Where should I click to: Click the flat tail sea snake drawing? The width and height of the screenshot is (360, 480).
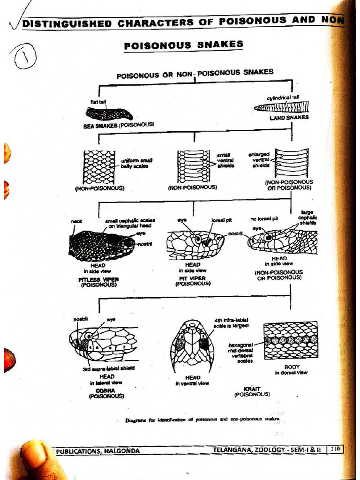click(109, 113)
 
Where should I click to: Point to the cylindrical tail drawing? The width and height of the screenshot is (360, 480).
click(281, 107)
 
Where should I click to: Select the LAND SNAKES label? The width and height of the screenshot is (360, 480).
click(289, 118)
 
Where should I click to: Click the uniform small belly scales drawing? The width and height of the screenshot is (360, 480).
click(99, 167)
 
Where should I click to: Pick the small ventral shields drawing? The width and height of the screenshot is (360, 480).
click(193, 166)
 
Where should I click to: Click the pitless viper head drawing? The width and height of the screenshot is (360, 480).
click(101, 245)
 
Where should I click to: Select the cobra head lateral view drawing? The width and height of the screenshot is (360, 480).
click(103, 343)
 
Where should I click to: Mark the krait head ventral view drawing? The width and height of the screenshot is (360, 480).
click(192, 345)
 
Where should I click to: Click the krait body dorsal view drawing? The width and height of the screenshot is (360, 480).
click(290, 340)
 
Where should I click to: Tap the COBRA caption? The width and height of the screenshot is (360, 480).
click(106, 390)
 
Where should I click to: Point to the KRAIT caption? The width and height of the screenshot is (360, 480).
click(252, 389)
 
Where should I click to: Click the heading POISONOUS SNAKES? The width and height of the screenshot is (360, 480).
click(183, 45)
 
